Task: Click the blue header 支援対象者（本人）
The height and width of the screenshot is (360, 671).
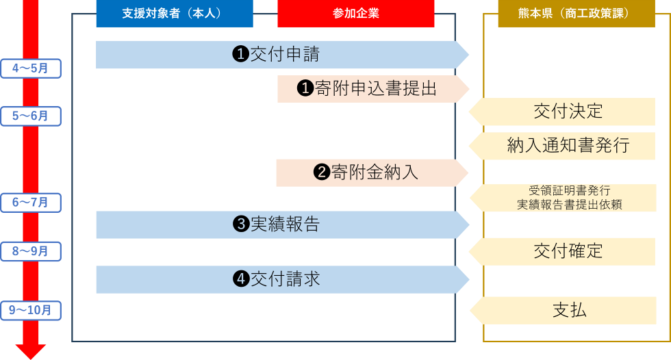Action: coord(174,14)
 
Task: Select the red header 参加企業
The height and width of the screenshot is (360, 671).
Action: coord(356,14)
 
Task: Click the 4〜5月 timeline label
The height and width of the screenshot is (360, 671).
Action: coord(30,68)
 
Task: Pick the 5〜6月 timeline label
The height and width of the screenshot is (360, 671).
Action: coord(30,116)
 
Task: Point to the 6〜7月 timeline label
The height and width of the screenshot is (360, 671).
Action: coord(30,203)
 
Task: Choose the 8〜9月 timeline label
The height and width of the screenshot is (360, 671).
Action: coord(30,252)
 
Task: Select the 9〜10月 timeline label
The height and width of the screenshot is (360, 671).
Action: coord(30,311)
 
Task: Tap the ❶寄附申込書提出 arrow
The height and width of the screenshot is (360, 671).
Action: coord(370,89)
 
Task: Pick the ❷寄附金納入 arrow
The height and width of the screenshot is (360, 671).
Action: coord(370,172)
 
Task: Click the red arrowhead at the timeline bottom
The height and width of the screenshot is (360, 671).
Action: coord(30,350)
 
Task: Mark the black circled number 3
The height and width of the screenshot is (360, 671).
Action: coord(240,224)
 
